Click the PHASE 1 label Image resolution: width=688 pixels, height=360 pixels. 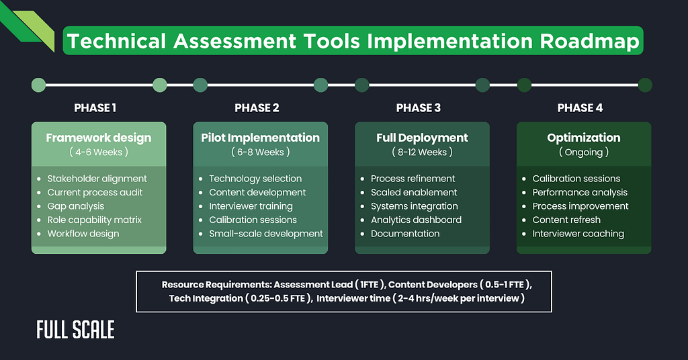(95, 108)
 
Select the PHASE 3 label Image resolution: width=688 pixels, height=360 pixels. (418, 108)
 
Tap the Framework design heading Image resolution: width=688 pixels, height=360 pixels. (99, 138)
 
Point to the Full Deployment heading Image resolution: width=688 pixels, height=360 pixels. (422, 138)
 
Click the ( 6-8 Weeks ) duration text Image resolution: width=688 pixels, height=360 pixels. (260, 152)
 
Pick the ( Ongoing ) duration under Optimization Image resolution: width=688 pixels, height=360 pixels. (583, 152)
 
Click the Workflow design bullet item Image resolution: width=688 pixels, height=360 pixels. (83, 234)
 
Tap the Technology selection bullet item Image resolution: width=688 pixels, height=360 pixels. (255, 179)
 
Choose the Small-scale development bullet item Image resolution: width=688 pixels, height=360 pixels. (266, 234)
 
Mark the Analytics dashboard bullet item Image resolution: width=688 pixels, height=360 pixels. (416, 220)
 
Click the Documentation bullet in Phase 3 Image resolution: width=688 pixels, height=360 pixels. (405, 234)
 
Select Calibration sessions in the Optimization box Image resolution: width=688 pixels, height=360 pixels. (576, 179)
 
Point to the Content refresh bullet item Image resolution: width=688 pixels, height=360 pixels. (566, 220)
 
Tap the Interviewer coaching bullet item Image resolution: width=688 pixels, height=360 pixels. (578, 234)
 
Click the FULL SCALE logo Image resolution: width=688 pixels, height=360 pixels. (75, 330)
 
